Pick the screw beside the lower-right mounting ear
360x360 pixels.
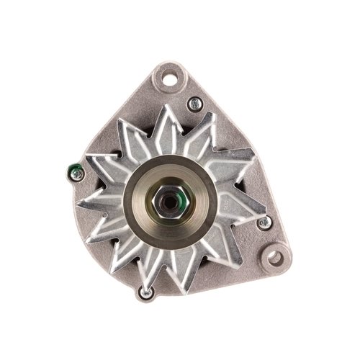[x=262, y=222]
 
